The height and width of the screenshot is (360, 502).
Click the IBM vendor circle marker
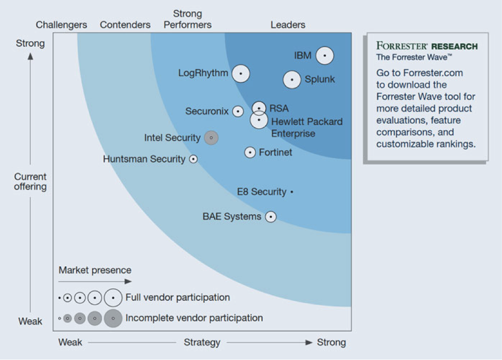pyautogui.click(x=325, y=56)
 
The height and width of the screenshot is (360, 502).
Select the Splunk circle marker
pyautogui.click(x=292, y=79)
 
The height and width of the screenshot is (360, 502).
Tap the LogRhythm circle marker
pyautogui.click(x=241, y=73)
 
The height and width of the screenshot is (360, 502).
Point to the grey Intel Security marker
pyautogui.click(x=211, y=138)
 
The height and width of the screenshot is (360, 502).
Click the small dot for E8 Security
pyautogui.click(x=291, y=192)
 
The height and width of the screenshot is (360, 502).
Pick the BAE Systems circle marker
pyautogui.click(x=271, y=217)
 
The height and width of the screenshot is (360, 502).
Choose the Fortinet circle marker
pyautogui.click(x=250, y=152)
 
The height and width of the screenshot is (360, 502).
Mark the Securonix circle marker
pyautogui.click(x=238, y=111)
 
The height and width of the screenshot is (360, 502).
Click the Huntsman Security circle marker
pyautogui.click(x=194, y=159)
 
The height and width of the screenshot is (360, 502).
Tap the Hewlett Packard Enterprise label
pyautogui.click(x=307, y=127)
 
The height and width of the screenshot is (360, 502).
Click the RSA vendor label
pyautogui.click(x=279, y=108)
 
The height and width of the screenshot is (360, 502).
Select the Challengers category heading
pyautogui.click(x=61, y=25)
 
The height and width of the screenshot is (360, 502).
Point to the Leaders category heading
pyautogui.click(x=288, y=25)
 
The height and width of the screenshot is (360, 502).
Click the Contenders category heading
pyautogui.click(x=125, y=25)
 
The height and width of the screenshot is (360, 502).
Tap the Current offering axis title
pyautogui.click(x=30, y=181)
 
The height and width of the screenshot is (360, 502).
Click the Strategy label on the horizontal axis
pyautogui.click(x=202, y=342)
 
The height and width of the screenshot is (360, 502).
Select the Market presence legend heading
pyautogui.click(x=95, y=270)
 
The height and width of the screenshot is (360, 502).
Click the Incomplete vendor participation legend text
pyautogui.click(x=194, y=318)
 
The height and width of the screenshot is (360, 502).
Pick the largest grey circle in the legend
pyautogui.click(x=113, y=318)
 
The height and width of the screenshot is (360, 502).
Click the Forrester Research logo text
pyautogui.click(x=427, y=46)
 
